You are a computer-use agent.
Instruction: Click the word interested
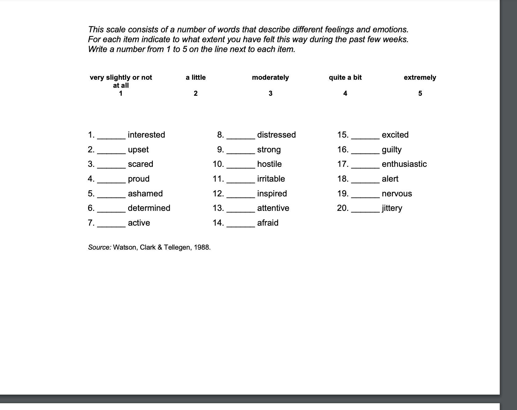point(146,135)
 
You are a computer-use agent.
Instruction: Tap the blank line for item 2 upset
point(111,151)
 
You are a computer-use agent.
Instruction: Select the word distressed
point(276,135)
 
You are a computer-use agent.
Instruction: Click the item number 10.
point(218,164)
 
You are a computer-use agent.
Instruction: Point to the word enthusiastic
point(404,164)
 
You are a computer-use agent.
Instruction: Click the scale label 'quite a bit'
point(345,78)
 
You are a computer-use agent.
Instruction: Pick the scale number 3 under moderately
point(271,94)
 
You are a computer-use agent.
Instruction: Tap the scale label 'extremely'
point(420,78)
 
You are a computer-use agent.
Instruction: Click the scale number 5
point(420,94)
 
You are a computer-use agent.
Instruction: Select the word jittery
point(392,208)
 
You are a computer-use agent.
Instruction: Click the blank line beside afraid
point(241,224)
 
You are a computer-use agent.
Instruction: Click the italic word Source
point(99,247)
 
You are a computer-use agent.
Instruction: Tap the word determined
point(149,208)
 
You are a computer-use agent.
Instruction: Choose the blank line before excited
point(365,136)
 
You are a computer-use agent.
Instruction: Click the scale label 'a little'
point(196,78)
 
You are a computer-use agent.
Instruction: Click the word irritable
point(271,179)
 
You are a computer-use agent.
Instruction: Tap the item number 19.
point(343,194)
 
